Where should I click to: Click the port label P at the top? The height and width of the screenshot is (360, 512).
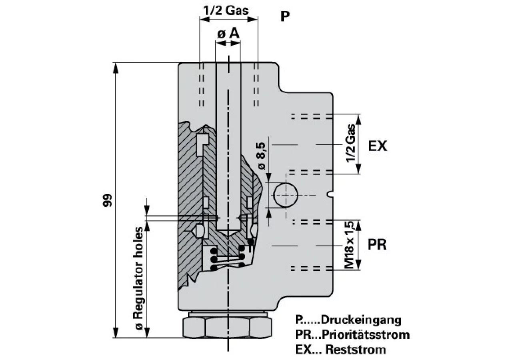tap(285, 16)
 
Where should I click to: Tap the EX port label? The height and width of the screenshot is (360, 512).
tap(378, 146)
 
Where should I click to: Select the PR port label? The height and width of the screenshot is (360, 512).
tap(377, 244)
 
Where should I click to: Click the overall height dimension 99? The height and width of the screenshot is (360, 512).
tap(107, 200)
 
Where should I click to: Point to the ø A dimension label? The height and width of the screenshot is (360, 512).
tap(228, 34)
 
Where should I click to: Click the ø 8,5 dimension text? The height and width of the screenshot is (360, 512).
tap(261, 156)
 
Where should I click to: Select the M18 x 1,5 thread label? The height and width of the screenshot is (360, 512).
tap(350, 245)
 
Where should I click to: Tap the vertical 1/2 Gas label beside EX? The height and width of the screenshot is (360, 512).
tap(350, 143)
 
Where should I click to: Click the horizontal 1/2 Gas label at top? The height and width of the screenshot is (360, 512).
tap(226, 10)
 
